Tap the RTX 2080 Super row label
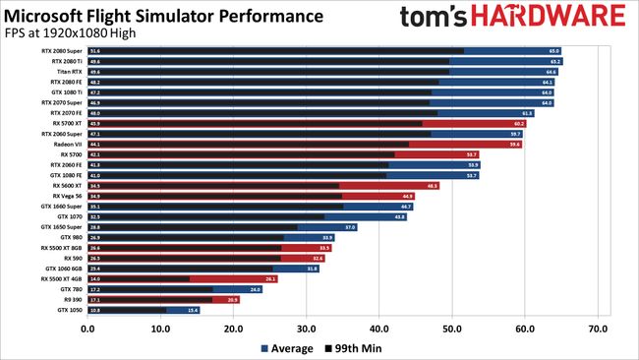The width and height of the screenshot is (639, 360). [x=61, y=50]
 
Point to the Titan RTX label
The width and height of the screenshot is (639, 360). [x=70, y=72]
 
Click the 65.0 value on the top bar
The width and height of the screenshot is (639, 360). [x=553, y=50]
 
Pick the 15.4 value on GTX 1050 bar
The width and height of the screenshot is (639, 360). [x=193, y=310]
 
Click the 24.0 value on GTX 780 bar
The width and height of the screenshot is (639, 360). [x=256, y=289]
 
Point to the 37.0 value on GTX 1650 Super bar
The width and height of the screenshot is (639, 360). [x=350, y=227]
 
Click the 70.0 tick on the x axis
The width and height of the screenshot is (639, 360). [x=598, y=329]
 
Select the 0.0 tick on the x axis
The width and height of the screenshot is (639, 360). [x=87, y=329]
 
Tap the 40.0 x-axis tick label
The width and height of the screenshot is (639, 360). [x=379, y=329]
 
